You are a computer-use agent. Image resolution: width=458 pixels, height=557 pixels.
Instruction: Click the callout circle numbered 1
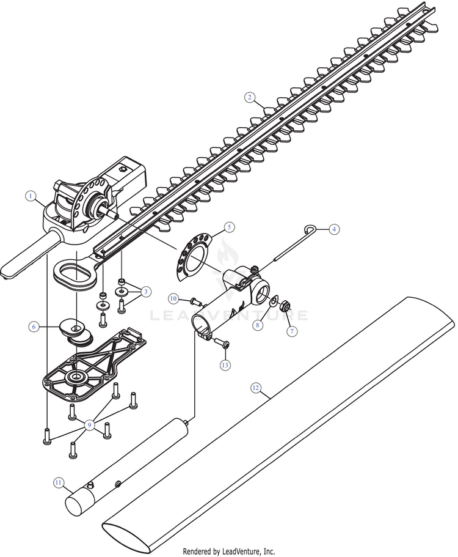coord(29,196)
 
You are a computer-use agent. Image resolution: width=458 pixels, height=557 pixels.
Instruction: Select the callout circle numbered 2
coord(249,97)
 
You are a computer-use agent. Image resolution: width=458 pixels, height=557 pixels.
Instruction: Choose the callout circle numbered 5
coord(229,226)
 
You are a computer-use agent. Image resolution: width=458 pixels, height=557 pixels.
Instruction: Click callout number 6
coord(34,326)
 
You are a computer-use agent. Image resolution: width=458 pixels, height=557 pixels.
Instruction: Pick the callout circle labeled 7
coord(292,331)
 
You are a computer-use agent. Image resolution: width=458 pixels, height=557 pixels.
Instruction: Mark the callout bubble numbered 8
coord(258,326)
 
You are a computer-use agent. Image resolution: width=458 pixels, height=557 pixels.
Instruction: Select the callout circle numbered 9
coord(90,424)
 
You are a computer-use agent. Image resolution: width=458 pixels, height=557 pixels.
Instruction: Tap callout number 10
coord(173,298)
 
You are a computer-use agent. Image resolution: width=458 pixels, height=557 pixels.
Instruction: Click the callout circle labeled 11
coord(59,482)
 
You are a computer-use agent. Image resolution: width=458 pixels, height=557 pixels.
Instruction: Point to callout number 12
coord(256,388)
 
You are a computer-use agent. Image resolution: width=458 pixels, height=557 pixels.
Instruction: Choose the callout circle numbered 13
coord(225,365)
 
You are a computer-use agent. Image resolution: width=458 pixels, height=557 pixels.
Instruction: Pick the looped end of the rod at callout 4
coord(310,229)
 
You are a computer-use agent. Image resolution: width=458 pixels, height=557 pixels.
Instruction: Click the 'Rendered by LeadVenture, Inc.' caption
coord(229,551)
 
